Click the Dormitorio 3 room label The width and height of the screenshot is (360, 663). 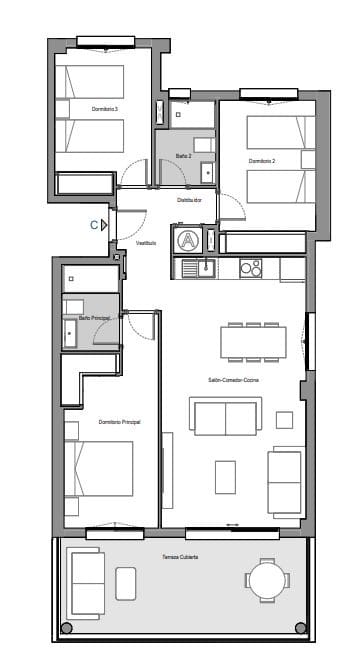point(105,108)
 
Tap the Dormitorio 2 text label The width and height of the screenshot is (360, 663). point(262,160)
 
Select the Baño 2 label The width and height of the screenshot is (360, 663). point(183,156)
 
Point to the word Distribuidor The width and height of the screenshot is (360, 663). point(190,200)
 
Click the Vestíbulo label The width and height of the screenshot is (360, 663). point(147,242)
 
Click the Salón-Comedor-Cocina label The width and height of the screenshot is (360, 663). point(234,380)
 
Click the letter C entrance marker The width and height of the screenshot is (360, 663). point(94,225)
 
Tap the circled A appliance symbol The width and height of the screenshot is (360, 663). point(187,240)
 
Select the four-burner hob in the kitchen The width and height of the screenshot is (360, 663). point(250,267)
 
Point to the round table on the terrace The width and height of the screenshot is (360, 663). point(266,581)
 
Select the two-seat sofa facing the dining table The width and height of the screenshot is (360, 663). point(227,417)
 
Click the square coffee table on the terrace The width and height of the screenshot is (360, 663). point(126,583)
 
